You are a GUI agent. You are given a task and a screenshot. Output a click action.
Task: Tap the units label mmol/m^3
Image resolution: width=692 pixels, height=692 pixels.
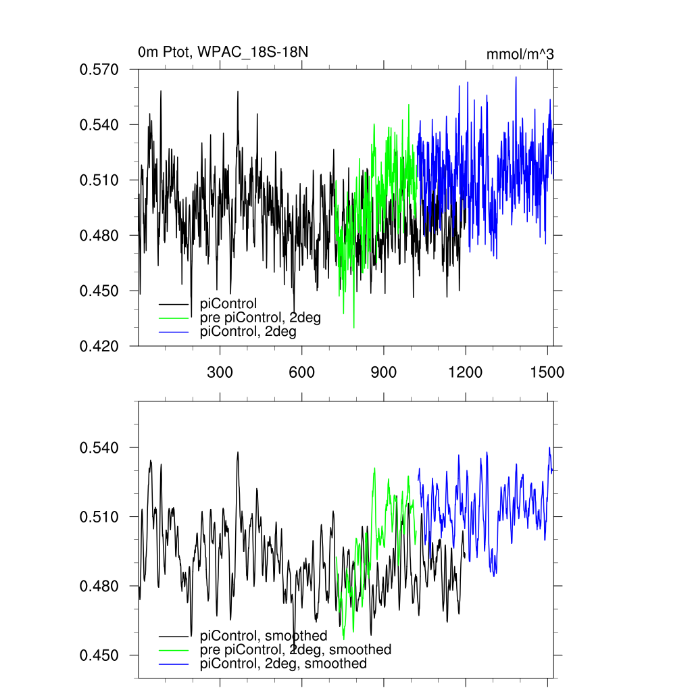(x=520, y=54)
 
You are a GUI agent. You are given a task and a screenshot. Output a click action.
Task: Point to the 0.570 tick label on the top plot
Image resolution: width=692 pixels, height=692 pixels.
(x=99, y=70)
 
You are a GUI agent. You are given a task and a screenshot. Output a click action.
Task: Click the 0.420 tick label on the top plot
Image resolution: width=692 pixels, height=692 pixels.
(x=99, y=346)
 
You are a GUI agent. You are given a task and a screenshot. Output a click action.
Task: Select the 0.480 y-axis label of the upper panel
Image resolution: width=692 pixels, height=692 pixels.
(x=99, y=235)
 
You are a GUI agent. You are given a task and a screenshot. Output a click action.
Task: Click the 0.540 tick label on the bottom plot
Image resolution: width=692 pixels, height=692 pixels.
(x=99, y=447)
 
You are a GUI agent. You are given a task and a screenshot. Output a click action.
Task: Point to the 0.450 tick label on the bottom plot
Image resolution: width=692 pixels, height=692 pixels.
(x=99, y=655)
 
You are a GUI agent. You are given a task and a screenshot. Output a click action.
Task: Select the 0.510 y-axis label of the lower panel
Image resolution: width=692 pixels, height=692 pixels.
(x=99, y=517)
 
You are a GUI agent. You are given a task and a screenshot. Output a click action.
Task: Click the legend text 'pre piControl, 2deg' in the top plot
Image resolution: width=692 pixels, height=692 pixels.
(x=261, y=318)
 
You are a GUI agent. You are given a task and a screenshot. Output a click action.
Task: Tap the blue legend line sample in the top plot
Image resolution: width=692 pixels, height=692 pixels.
(x=174, y=332)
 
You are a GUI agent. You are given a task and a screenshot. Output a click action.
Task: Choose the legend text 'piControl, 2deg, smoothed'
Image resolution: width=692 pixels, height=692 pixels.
(x=284, y=664)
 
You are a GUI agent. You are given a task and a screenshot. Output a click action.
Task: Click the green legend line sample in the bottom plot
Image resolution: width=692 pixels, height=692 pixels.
(x=174, y=649)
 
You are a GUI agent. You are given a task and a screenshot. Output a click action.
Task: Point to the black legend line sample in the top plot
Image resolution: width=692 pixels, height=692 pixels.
(x=174, y=303)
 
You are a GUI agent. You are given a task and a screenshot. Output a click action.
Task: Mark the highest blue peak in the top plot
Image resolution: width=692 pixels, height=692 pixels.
(x=516, y=77)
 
